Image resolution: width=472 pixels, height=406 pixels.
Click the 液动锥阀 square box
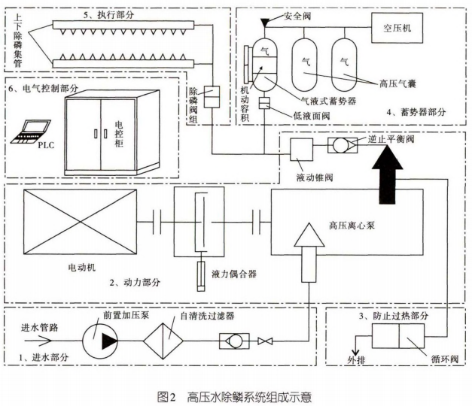coord(302,149)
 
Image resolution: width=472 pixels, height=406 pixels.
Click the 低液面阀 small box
coord(264,103)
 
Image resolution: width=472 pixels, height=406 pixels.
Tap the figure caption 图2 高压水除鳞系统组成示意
coord(236,394)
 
